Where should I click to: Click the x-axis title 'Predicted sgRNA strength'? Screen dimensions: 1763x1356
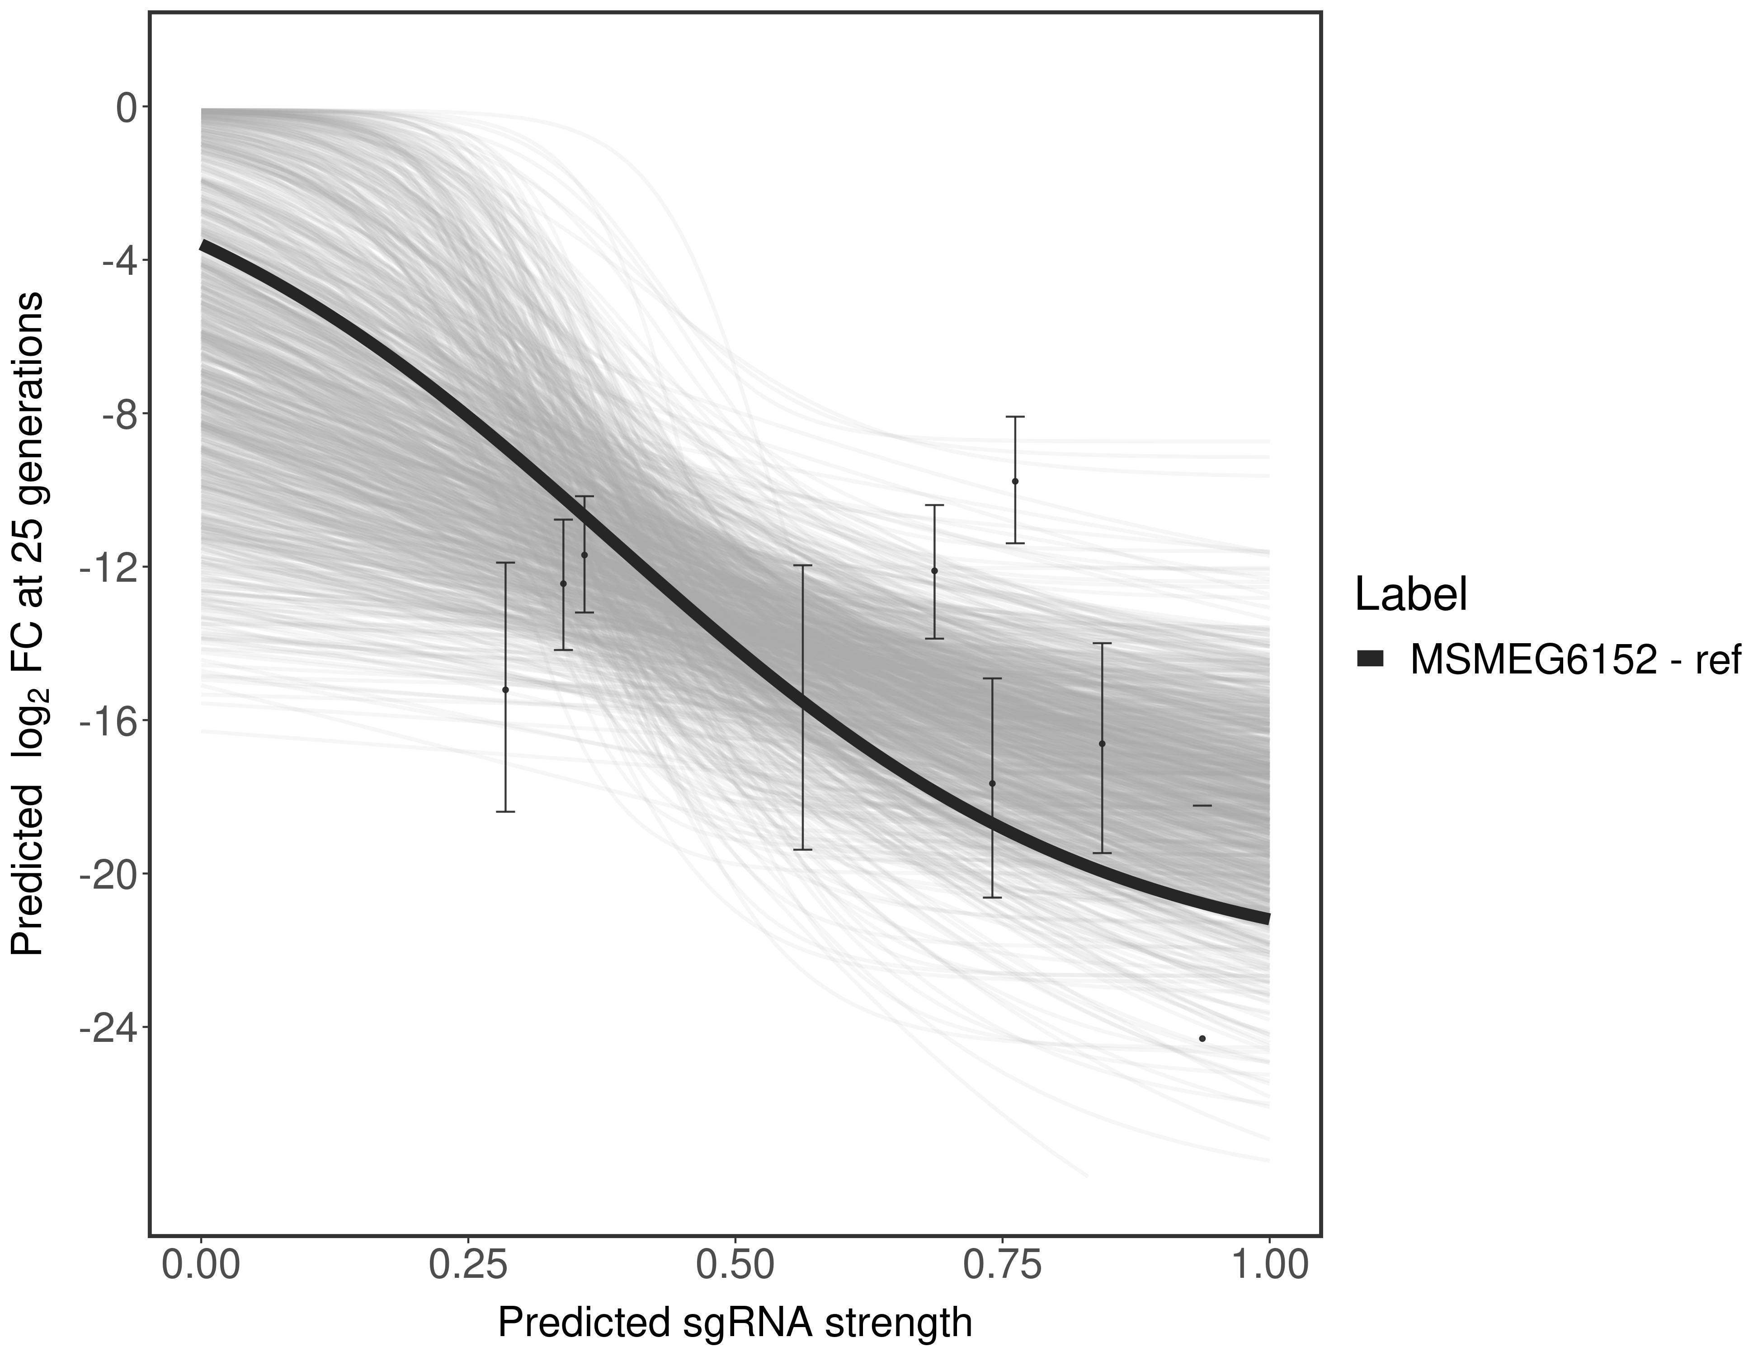[735, 1324]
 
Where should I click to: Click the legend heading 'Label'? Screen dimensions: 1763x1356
[1411, 595]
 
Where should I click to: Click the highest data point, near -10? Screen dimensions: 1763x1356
[1015, 481]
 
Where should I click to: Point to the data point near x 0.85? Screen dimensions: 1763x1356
[1102, 744]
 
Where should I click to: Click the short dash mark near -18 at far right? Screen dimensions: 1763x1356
[1202, 805]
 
